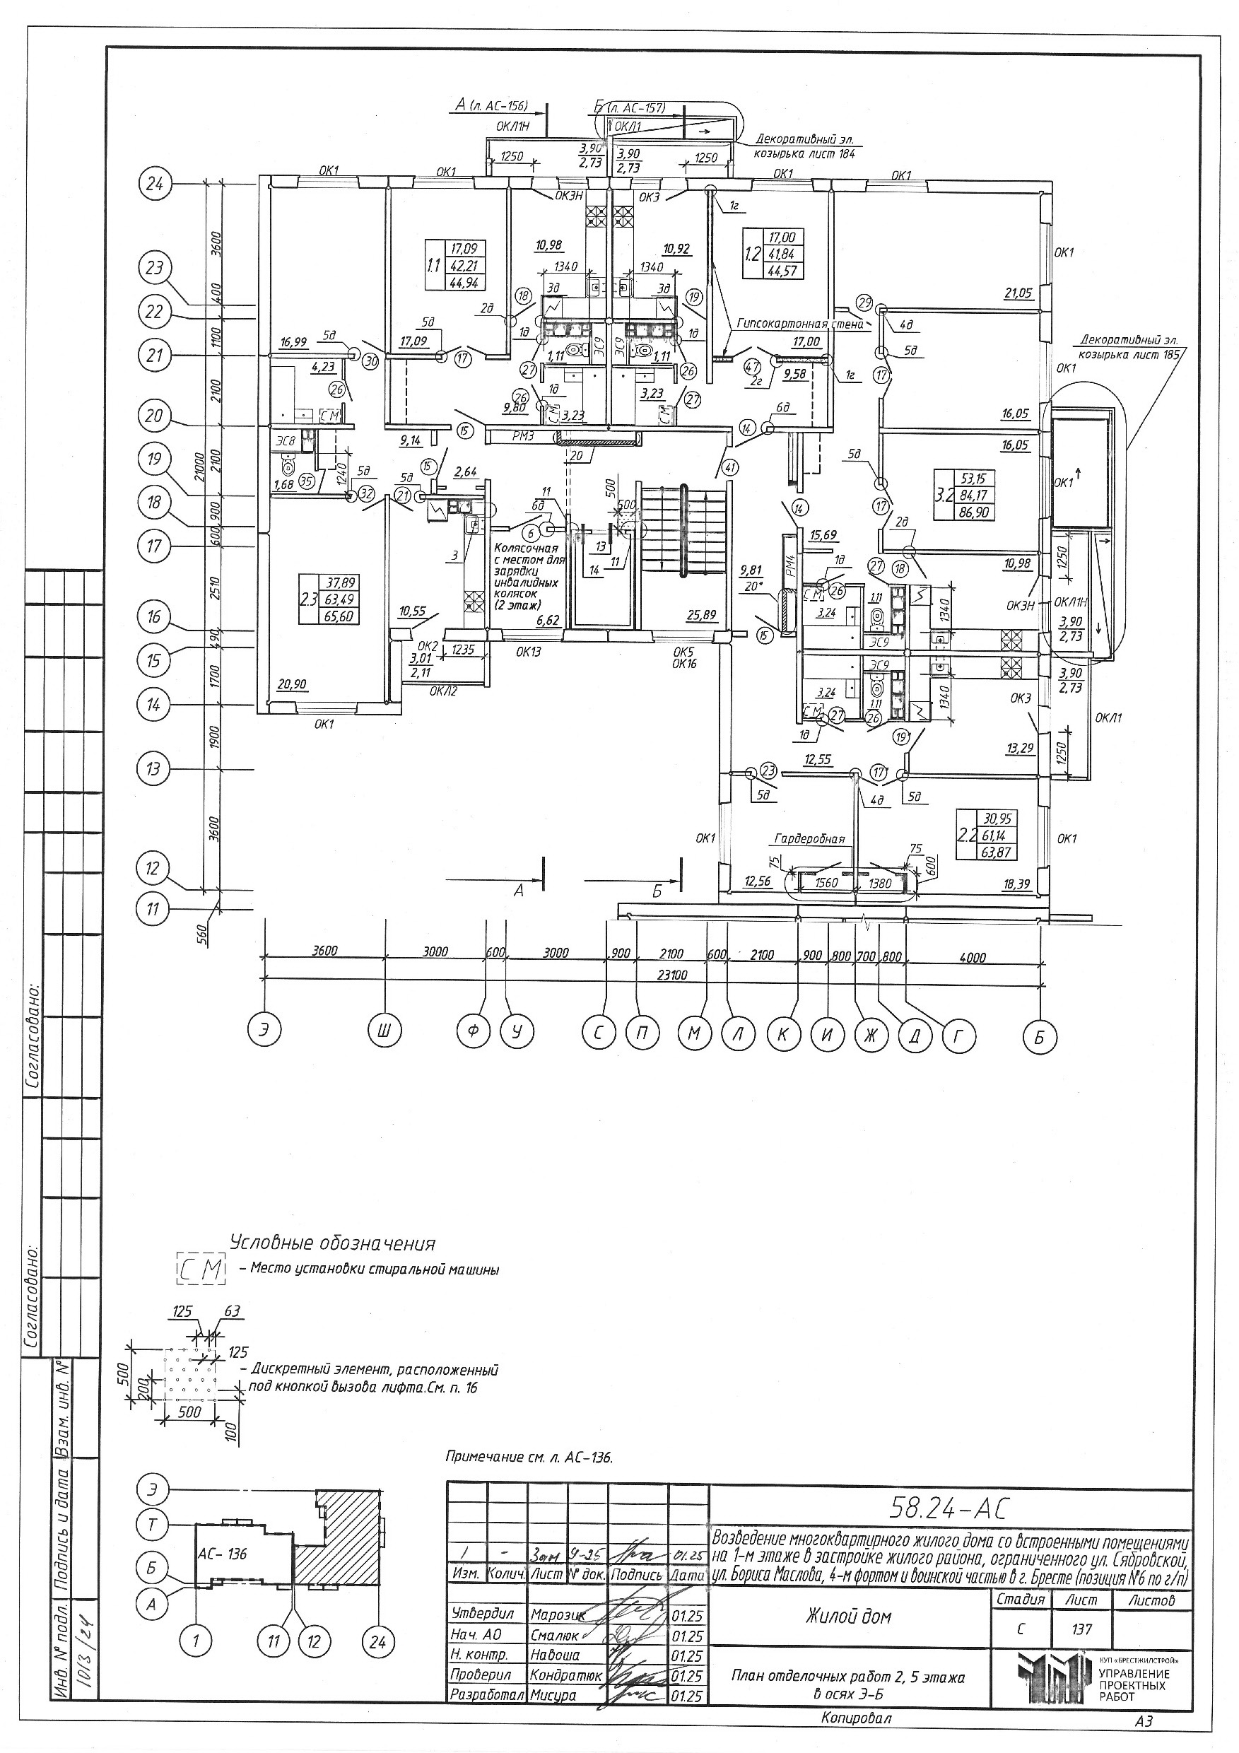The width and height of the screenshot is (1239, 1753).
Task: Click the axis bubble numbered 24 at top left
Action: [x=155, y=184]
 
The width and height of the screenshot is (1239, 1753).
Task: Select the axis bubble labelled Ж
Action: [x=870, y=1037]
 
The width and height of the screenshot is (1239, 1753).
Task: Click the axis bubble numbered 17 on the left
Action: [x=155, y=546]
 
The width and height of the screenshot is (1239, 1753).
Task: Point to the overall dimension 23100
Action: [x=673, y=975]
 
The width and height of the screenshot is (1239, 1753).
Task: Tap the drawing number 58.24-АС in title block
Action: [x=949, y=1508]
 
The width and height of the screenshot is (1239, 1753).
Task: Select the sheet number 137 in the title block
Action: [x=1081, y=1629]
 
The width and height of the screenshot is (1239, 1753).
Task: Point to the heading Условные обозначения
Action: [x=332, y=1244]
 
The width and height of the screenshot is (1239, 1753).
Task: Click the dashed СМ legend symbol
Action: [x=201, y=1270]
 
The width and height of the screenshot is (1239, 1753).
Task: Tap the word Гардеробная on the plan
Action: [x=810, y=839]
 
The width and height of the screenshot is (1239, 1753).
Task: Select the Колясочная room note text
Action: [x=527, y=577]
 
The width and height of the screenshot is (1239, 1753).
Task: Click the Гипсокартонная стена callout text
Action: [x=800, y=324]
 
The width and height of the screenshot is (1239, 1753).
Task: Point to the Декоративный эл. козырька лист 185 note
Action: [x=1128, y=347]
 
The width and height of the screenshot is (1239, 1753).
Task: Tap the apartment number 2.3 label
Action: [x=308, y=599]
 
